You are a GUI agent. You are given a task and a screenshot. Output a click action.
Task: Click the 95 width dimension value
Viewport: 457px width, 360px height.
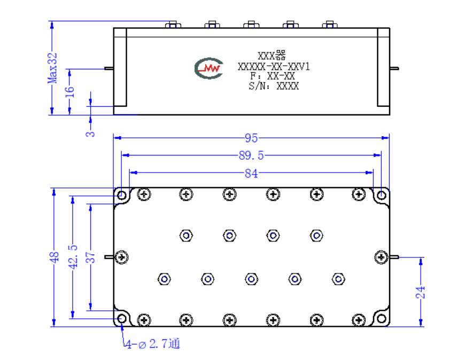pos(251,138)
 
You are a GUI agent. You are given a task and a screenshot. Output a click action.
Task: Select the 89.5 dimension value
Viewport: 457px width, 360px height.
pos(251,155)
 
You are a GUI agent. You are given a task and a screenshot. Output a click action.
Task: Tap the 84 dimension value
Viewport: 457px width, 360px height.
pos(251,173)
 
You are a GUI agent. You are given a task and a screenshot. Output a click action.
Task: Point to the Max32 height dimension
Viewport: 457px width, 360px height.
pos(52,68)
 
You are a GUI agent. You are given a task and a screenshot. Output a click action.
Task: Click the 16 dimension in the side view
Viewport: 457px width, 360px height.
pos(69,92)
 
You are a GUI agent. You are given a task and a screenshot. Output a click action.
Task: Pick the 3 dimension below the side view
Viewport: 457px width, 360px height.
pos(90,134)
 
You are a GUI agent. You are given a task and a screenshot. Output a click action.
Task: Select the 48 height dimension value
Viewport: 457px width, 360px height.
pos(54,257)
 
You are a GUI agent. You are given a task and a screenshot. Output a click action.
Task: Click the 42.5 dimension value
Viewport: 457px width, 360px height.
pos(73,257)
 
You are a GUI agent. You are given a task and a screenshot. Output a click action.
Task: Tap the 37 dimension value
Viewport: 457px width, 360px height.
pos(91,257)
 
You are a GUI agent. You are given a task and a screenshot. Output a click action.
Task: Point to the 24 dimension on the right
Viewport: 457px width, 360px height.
pos(420,292)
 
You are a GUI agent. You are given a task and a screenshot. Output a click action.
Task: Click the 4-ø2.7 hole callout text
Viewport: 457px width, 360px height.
pos(153,344)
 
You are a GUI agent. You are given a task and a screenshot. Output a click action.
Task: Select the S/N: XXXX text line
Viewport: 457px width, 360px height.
pos(274,86)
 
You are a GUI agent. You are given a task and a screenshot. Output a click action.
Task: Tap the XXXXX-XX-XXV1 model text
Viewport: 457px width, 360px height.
pos(274,67)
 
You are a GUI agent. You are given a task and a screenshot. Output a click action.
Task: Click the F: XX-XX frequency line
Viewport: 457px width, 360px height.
pos(272,76)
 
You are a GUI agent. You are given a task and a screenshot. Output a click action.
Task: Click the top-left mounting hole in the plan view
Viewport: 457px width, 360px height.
pos(121,195)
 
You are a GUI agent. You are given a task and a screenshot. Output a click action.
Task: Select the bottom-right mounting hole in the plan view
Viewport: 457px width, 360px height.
pos(382,319)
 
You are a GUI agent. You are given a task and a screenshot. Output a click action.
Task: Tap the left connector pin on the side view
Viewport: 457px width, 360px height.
pos(109,68)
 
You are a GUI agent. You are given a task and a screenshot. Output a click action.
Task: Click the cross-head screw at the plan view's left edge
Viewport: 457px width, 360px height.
pos(121,257)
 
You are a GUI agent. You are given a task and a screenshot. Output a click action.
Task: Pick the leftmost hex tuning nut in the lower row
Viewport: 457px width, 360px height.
pos(164,279)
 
